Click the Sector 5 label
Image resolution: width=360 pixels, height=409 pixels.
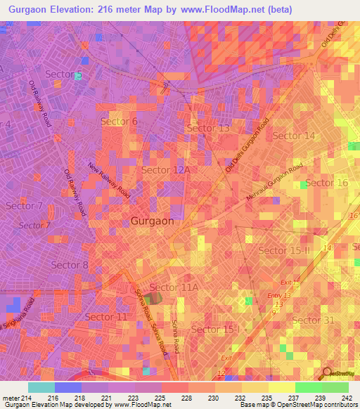[63, 74]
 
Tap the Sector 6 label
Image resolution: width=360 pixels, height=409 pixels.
[119, 122]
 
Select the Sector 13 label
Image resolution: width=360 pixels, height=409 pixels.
[207, 128]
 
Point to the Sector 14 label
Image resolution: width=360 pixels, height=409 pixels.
[294, 136]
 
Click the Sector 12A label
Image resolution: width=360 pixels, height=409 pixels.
[166, 170]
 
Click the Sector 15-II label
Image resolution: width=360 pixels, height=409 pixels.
[284, 250]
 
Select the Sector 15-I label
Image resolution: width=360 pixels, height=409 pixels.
[215, 329]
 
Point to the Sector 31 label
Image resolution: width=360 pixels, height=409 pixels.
[313, 320]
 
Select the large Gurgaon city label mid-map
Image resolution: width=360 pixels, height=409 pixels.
[152, 220]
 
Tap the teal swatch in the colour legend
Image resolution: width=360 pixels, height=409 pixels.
[41, 387]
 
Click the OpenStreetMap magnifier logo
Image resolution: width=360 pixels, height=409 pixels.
[326, 372]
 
